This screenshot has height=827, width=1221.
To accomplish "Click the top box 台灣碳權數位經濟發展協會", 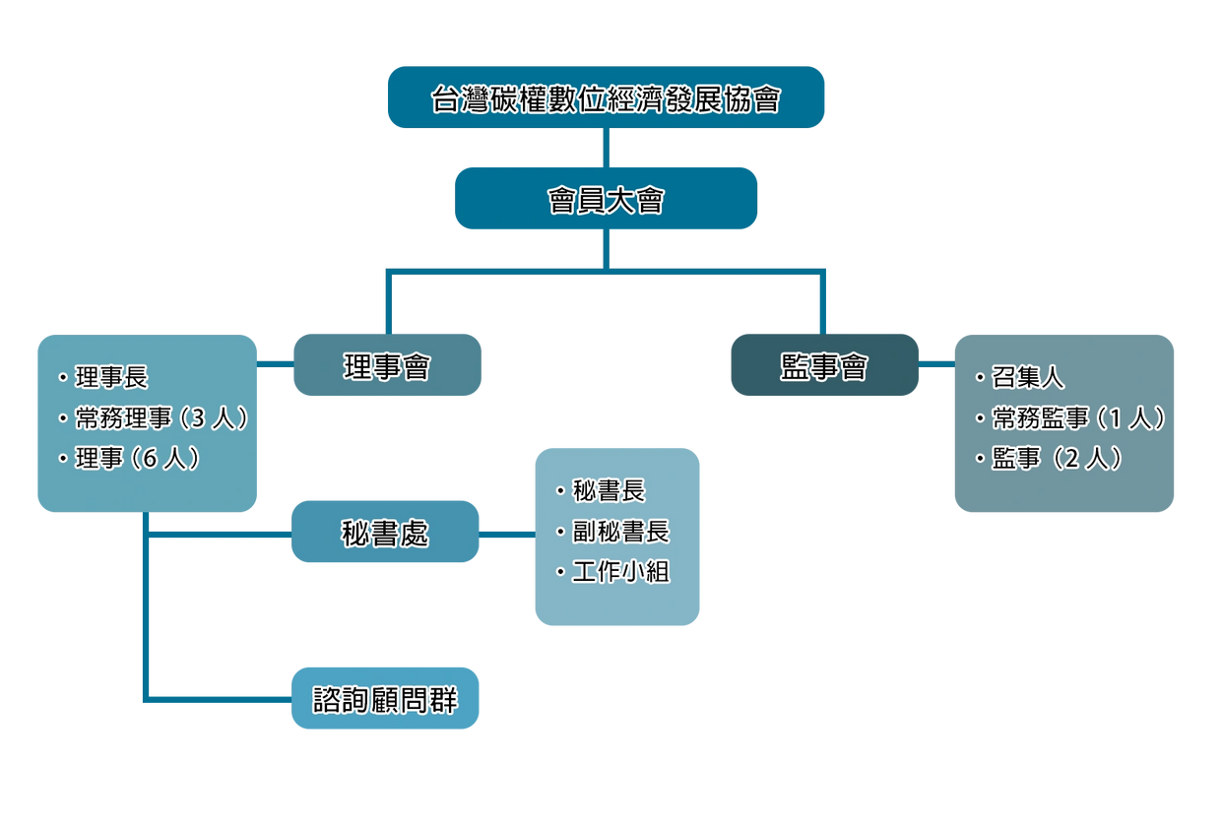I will click(606, 97).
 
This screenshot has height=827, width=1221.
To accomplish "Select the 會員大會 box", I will click(606, 199).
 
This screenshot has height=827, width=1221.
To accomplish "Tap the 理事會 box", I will click(387, 365).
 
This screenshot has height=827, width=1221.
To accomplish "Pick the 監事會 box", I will click(824, 365).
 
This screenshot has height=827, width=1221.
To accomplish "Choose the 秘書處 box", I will click(385, 532).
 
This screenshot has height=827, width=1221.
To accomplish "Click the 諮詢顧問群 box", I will click(385, 698).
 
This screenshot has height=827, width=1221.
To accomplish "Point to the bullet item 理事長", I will click(111, 378).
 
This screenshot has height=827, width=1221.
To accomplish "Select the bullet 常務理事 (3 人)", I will click(161, 418).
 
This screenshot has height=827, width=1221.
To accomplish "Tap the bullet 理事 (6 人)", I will click(137, 459).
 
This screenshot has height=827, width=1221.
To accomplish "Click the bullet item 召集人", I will click(1027, 378).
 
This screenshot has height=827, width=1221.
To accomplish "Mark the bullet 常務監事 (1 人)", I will click(1078, 418).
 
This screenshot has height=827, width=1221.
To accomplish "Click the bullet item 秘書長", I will click(609, 490).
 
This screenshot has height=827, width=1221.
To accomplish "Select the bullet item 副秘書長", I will click(620, 532).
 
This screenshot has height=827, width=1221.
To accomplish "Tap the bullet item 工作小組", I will click(620, 572).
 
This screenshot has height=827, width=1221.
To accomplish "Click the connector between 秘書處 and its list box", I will click(507, 535).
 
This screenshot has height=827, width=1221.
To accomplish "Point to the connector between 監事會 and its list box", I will click(936, 364).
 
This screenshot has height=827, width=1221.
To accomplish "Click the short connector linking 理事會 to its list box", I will click(275, 364).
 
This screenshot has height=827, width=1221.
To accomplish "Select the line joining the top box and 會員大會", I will click(606, 148).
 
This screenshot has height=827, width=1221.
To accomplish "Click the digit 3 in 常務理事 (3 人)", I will click(196, 419).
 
